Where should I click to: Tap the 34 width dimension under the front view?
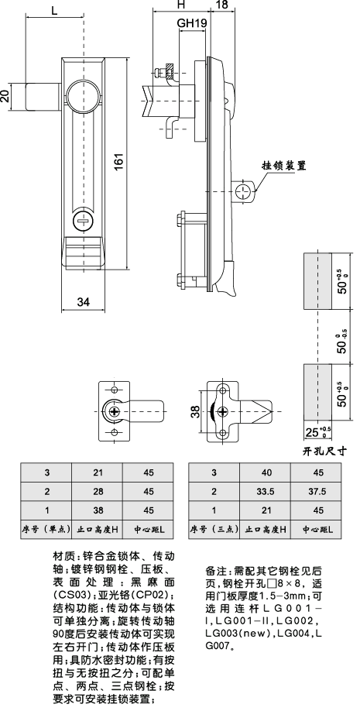[x=83, y=301]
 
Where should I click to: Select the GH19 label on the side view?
[x=191, y=24]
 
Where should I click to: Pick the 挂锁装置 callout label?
[x=284, y=166]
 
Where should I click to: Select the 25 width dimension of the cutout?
[x=313, y=431]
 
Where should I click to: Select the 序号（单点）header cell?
[x=46, y=529]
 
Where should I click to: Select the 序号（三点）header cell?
[x=213, y=529]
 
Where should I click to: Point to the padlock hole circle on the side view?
[x=244, y=190]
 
